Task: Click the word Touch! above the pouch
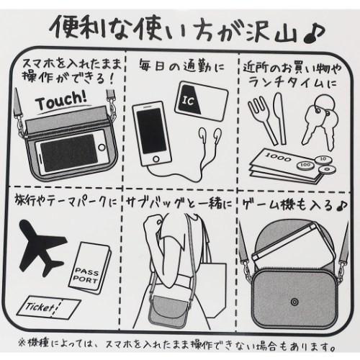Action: [x=61, y=101]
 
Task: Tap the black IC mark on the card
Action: [x=189, y=99]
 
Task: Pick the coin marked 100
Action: [x=305, y=165]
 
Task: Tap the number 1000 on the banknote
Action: [x=279, y=158]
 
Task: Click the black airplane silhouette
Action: [x=42, y=246]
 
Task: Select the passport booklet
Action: [x=90, y=268]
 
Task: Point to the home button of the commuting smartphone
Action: [x=156, y=159]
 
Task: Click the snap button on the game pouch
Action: [x=294, y=302]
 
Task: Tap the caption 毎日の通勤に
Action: [x=181, y=66]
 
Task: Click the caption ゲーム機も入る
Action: [x=287, y=204]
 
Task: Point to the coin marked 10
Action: [x=324, y=158]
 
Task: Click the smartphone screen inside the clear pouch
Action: [x=69, y=153]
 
